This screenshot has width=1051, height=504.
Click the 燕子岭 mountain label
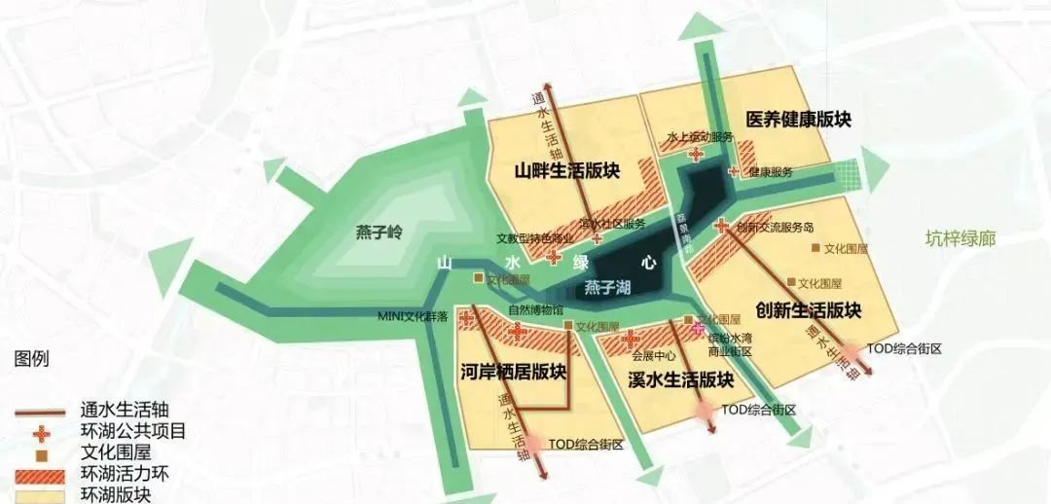point(379,233)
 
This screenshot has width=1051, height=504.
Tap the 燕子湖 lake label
point(608,288)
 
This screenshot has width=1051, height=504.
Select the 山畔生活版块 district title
point(567,171)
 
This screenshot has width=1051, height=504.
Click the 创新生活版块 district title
point(809,310)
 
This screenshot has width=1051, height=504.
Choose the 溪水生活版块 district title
point(680,378)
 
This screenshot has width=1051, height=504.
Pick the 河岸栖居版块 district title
point(513,372)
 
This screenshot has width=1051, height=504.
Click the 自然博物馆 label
point(535,310)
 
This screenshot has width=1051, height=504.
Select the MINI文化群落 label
point(414,316)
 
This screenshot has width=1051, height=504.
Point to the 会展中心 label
point(653,355)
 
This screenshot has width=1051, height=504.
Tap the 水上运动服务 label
point(701,137)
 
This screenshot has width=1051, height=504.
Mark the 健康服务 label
point(771,172)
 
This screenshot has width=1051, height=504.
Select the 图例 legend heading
point(31,359)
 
